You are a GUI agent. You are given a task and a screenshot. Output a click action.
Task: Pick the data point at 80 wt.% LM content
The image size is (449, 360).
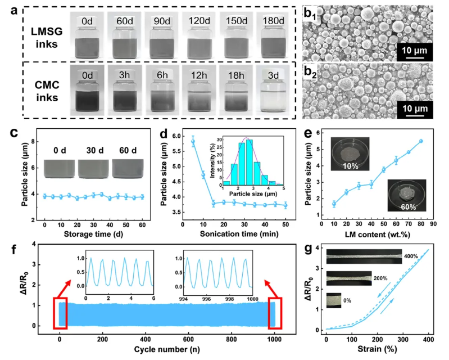(421, 141)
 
